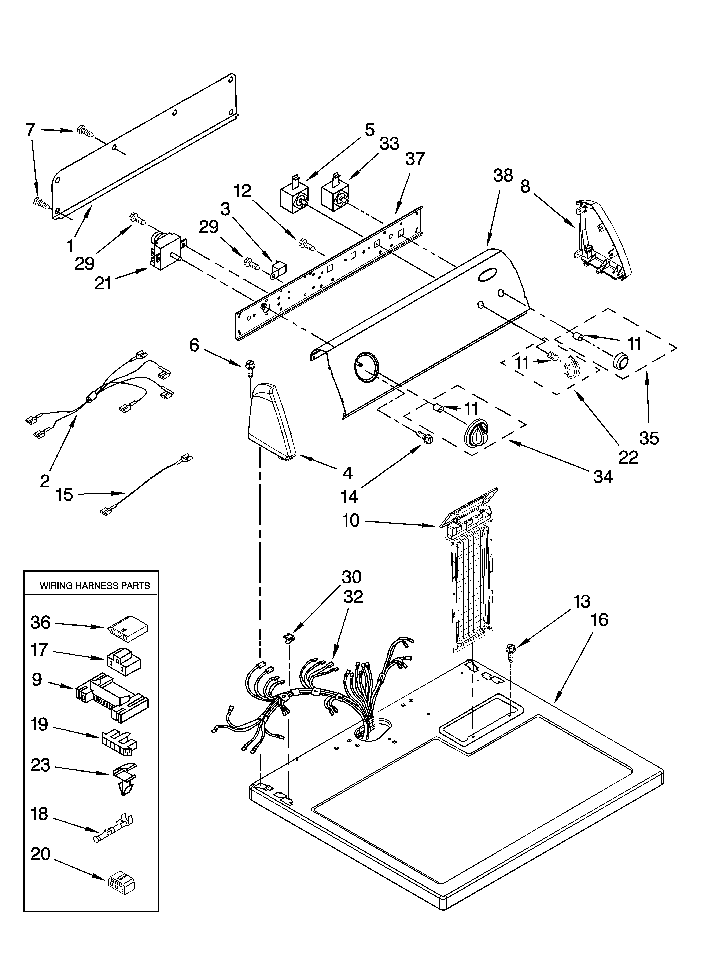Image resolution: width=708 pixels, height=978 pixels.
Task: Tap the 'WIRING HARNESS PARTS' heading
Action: pos(95,586)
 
